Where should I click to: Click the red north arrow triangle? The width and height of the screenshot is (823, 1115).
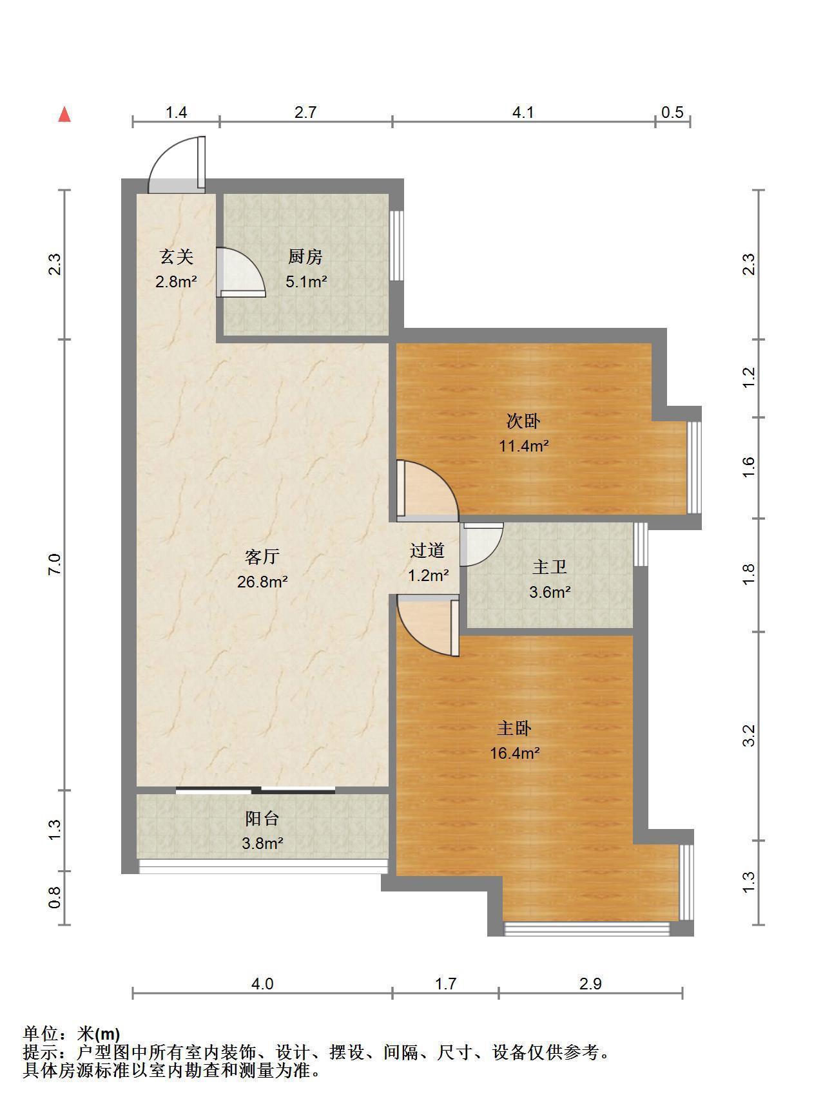coord(64,115)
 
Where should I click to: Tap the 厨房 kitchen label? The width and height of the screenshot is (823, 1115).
coord(305,257)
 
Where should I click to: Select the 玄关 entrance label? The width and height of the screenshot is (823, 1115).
coord(176,257)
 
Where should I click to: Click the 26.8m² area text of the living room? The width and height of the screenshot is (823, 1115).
coord(262,582)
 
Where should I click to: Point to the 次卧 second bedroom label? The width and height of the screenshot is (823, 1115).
coord(523,421)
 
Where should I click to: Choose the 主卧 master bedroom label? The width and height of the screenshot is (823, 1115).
coord(514,729)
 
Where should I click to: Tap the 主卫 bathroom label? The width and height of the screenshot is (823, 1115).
coord(550,567)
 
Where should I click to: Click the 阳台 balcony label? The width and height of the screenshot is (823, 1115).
coord(262,819)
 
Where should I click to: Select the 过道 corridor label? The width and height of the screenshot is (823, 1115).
coord(427,551)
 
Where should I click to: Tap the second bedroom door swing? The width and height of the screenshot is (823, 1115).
coord(427,490)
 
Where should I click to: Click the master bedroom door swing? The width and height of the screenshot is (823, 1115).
coord(427,625)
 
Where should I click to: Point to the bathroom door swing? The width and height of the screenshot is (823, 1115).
coord(481,544)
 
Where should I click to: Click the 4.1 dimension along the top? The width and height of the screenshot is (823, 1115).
coord(523,113)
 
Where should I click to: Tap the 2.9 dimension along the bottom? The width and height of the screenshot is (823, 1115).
coord(590,984)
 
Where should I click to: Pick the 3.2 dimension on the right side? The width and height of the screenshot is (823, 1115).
coord(748,736)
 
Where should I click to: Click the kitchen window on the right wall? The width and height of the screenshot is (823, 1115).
coord(397,245)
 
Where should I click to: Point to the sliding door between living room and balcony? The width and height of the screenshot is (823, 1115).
coord(255,790)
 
